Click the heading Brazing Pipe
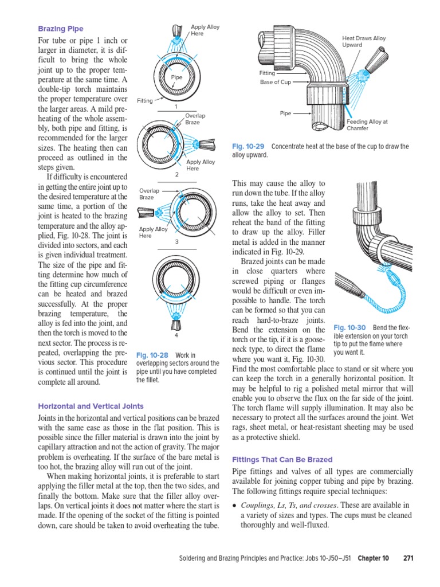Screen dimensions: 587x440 (x=60, y=29)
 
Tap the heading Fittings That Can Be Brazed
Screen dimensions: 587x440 (x=281, y=460)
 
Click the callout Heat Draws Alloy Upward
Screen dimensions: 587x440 (x=364, y=41)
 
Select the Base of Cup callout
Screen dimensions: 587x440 (x=276, y=82)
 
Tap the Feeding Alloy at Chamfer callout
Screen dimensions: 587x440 (x=367, y=125)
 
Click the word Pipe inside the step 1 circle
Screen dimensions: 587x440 (x=176, y=76)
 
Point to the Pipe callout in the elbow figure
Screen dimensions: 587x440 (x=286, y=114)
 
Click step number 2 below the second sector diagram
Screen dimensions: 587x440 (x=177, y=174)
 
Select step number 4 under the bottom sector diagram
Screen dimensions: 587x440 (x=177, y=335)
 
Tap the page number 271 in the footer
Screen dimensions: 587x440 (x=408, y=558)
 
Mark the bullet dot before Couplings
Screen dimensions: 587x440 (x=235, y=505)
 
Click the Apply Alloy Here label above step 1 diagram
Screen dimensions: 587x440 (x=205, y=30)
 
